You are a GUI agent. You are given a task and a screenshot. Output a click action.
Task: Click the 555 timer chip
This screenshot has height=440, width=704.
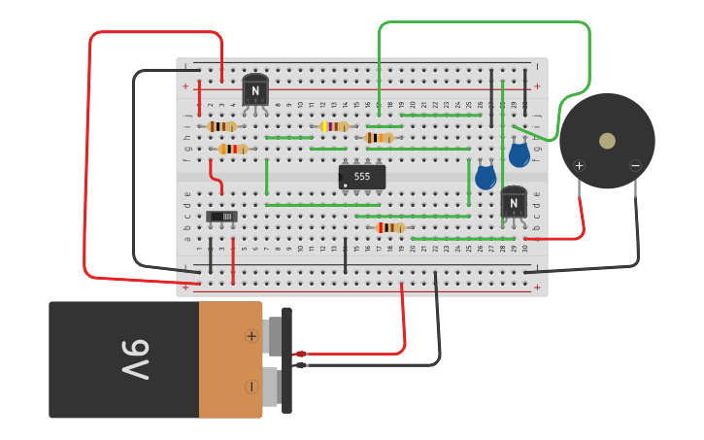tap(361, 177)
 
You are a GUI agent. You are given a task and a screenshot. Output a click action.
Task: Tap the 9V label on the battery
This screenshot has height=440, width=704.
tap(135, 359)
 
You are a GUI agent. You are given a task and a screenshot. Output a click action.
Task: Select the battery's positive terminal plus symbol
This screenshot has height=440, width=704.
tap(251, 336)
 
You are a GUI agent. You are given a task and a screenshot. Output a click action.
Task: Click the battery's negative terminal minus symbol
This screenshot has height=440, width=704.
tap(251, 386)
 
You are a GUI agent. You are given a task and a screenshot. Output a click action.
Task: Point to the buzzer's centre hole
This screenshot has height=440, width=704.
tap(607, 141)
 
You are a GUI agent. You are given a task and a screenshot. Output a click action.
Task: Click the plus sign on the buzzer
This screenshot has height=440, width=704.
tap(579, 165)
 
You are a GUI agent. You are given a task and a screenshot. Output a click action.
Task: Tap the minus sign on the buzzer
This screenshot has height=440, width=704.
tap(635, 165)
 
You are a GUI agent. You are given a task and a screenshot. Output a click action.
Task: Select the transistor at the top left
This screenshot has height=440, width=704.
tap(255, 90)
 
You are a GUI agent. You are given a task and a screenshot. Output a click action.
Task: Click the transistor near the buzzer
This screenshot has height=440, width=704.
tap(514, 202)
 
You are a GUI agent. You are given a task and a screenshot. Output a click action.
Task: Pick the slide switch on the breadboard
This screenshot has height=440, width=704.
tap(221, 216)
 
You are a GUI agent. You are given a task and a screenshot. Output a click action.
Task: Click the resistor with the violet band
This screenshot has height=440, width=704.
tap(334, 126)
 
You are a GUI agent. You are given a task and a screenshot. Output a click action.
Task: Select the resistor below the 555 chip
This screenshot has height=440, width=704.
tap(390, 227)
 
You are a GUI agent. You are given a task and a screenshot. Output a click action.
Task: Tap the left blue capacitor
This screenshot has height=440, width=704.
tap(486, 177)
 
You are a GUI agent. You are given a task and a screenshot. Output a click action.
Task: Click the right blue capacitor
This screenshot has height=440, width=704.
tap(520, 153)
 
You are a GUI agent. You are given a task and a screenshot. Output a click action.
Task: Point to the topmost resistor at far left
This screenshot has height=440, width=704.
tap(221, 126)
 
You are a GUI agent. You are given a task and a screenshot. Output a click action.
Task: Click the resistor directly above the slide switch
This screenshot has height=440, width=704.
tap(233, 149)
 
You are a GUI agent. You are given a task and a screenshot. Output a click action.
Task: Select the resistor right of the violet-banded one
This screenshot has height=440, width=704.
tap(379, 138)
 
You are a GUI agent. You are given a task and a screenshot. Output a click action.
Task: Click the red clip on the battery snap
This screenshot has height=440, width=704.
tap(300, 354)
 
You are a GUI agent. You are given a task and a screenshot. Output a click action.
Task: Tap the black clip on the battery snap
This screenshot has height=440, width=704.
tap(300, 365)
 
